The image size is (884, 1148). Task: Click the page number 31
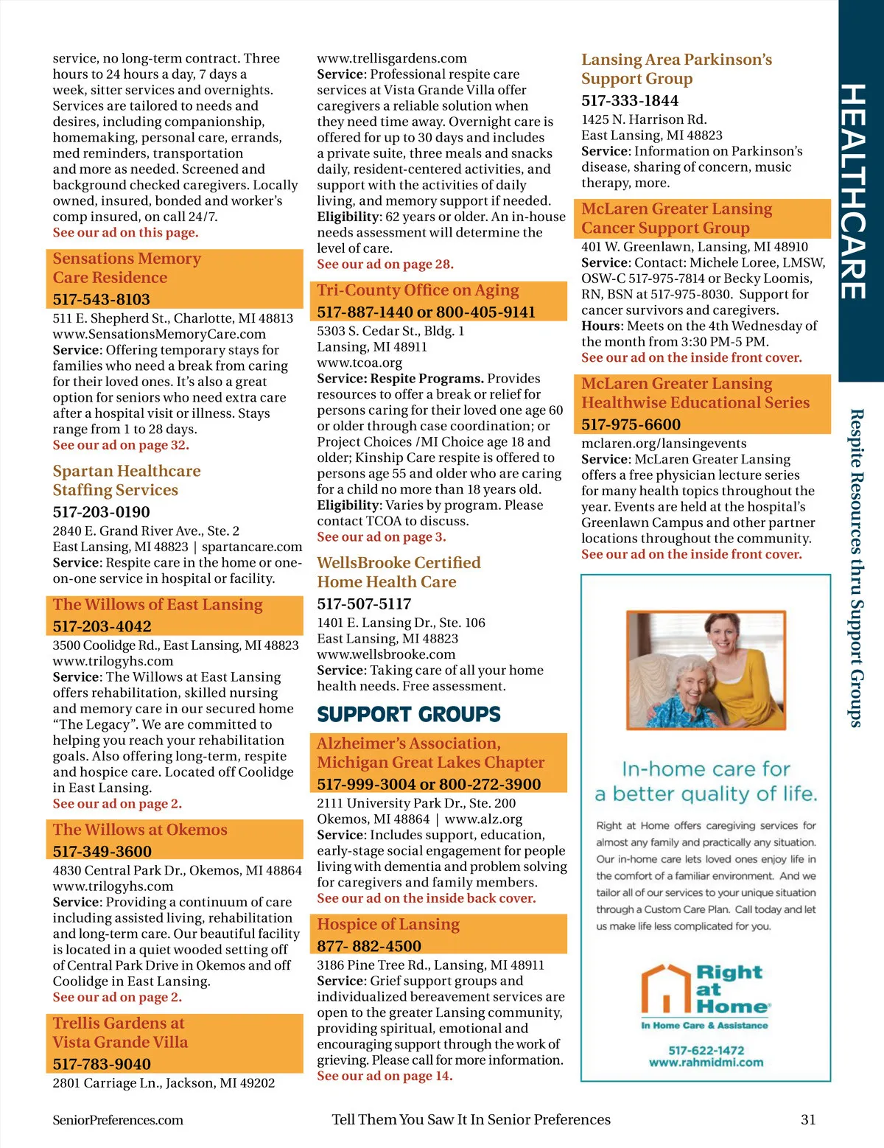[x=808, y=1119]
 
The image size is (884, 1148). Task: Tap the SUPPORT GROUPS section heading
[x=409, y=714]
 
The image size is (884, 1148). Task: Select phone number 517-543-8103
[x=101, y=299]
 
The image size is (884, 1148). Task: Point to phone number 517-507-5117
[x=364, y=603]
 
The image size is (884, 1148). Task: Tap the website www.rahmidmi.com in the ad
[x=706, y=1063]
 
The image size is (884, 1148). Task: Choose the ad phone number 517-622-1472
[x=706, y=1050]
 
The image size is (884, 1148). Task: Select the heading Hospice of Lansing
[x=388, y=924]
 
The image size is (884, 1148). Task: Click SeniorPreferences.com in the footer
[x=118, y=1120]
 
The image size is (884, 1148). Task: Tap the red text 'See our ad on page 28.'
[x=385, y=264]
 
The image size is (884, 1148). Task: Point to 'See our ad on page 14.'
[x=385, y=1076]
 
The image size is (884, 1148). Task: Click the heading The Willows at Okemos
[x=140, y=830]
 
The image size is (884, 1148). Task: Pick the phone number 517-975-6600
[x=631, y=424]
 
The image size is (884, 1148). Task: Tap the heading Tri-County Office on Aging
[x=418, y=290]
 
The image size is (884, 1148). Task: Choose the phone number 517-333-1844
[x=630, y=100]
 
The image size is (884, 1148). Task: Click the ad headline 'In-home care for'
[x=706, y=769]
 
